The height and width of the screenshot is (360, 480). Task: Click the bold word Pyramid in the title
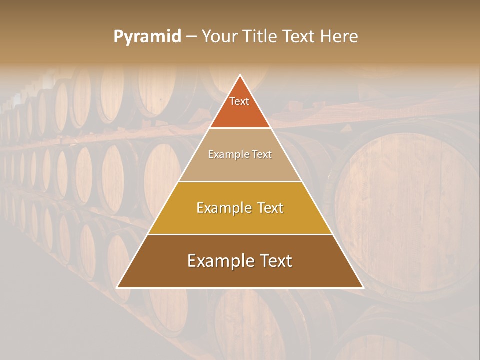coord(147,37)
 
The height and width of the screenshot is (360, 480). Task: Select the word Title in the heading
coord(260,37)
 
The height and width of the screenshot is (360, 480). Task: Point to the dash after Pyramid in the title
coord(191,37)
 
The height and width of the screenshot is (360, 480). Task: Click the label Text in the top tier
coord(239,101)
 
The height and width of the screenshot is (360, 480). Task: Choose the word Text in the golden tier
coord(266,208)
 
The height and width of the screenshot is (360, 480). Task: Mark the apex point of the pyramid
coord(240,75)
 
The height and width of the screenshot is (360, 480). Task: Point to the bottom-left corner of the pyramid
coord(117,288)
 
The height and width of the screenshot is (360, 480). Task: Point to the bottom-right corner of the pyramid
coord(363,288)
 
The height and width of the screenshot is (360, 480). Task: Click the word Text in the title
coord(299,37)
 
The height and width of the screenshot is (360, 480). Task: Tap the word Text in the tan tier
coord(262,155)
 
